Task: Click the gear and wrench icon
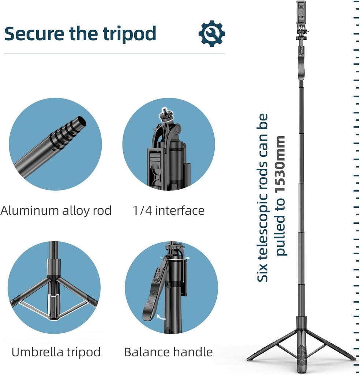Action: click(212, 33)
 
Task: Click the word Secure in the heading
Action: click(34, 33)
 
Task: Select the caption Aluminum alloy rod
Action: click(56, 211)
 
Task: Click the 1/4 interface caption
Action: click(169, 211)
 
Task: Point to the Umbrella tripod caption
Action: click(56, 352)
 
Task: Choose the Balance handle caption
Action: click(168, 352)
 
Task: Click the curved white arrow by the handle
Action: click(161, 317)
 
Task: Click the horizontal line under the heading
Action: click(115, 54)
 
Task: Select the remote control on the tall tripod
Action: click(301, 51)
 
